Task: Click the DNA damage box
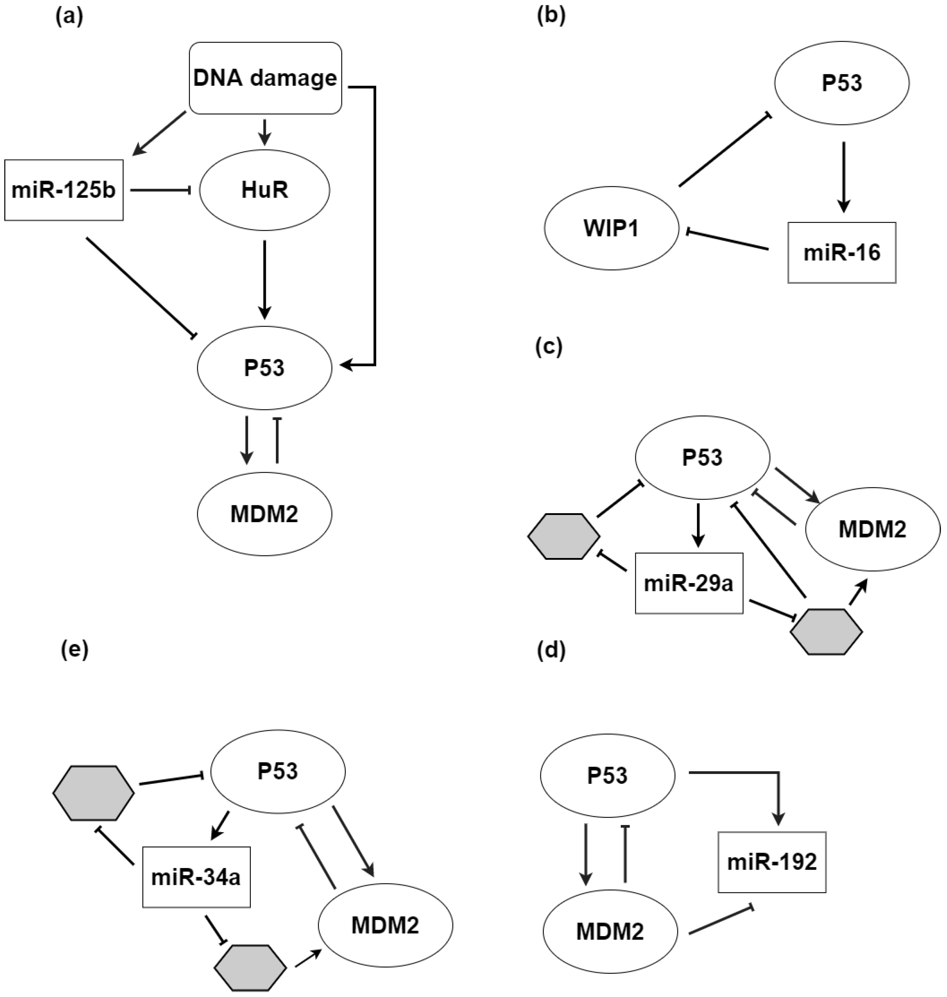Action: coord(265,78)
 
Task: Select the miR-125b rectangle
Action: coord(64,190)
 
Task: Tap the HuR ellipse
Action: coord(264,190)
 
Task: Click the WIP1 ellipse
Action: coord(611,228)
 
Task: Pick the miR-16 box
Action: coord(842,252)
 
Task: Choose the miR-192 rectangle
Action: coord(771,862)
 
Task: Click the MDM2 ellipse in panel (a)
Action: coord(264,514)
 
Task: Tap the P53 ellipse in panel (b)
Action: coord(842,83)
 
